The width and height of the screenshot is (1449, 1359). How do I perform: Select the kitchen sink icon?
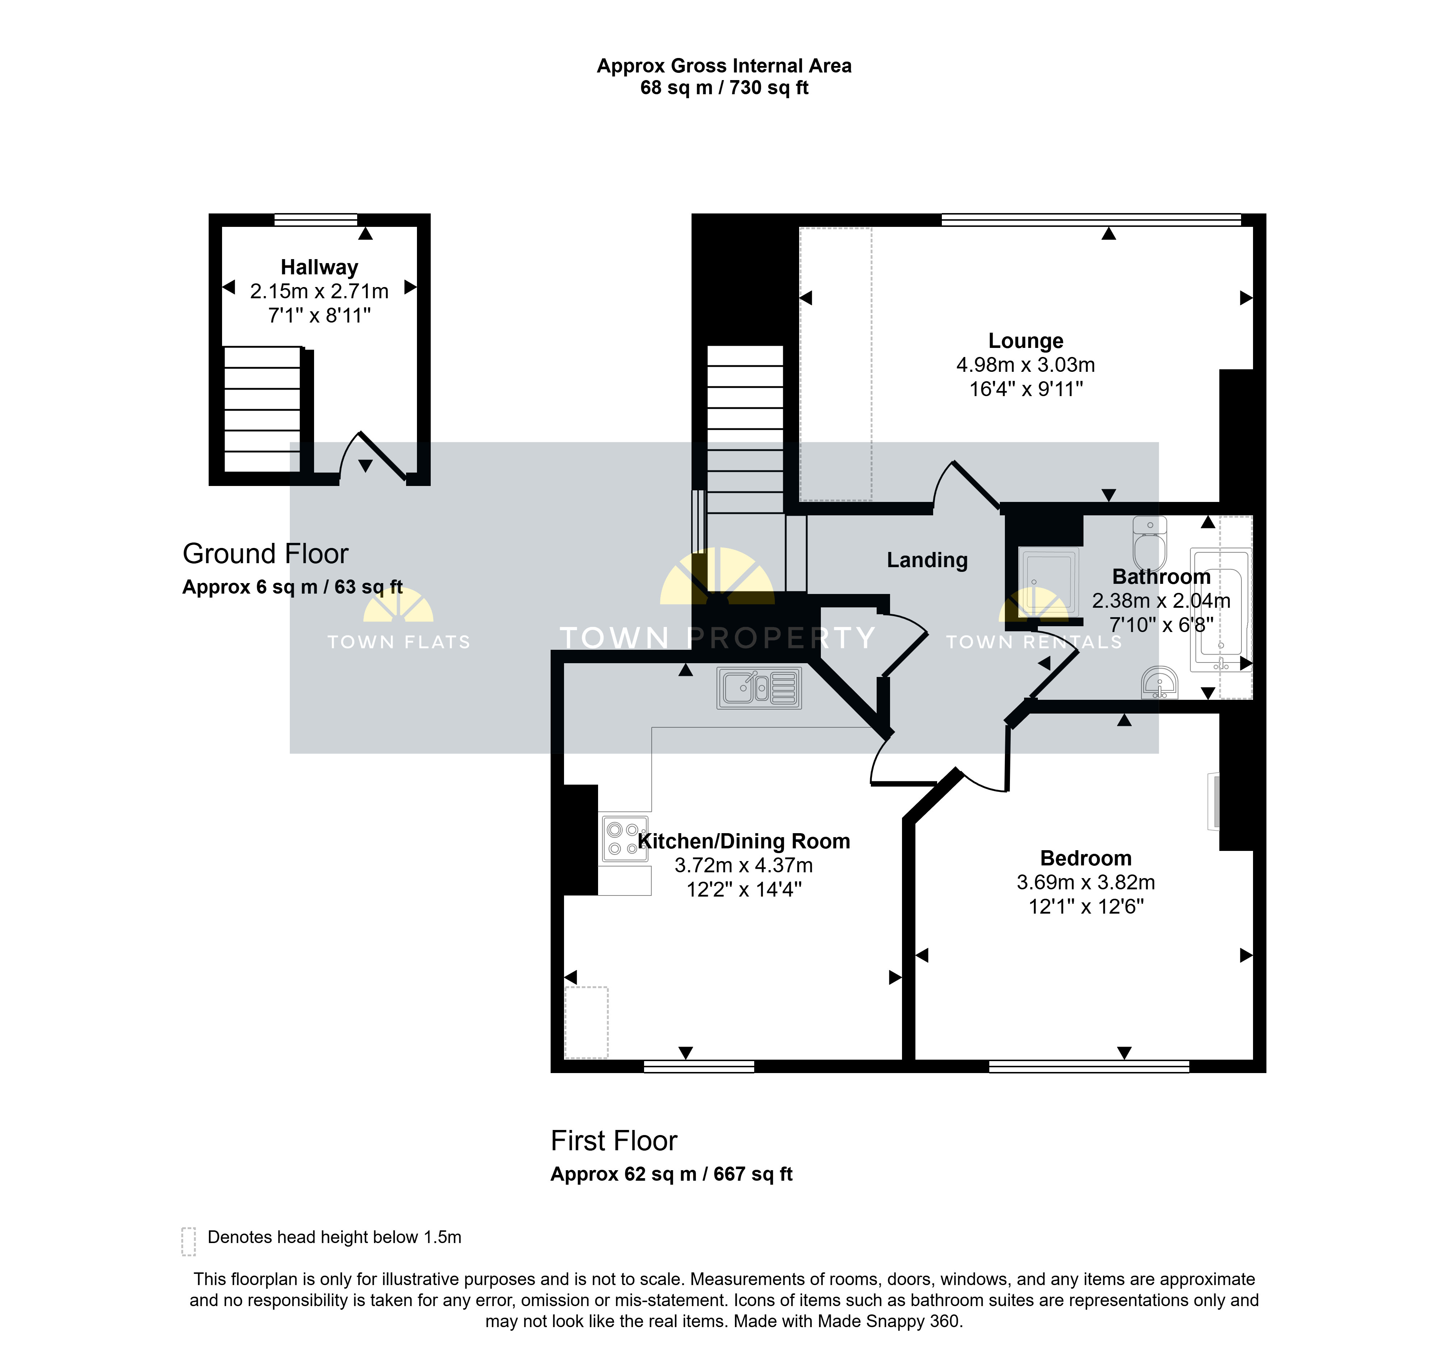759,688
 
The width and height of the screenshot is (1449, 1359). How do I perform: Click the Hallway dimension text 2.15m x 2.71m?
319,292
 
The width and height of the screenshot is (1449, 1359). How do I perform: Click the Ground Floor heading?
265,554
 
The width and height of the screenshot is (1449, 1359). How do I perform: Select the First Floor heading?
614,1141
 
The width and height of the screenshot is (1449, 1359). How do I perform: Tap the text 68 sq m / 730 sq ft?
724,88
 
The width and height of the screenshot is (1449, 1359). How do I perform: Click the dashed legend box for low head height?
189,1242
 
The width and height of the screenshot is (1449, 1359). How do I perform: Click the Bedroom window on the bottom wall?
1089,1067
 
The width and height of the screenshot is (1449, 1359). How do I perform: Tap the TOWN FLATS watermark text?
399,642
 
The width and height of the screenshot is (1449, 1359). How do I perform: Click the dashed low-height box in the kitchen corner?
587,1022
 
